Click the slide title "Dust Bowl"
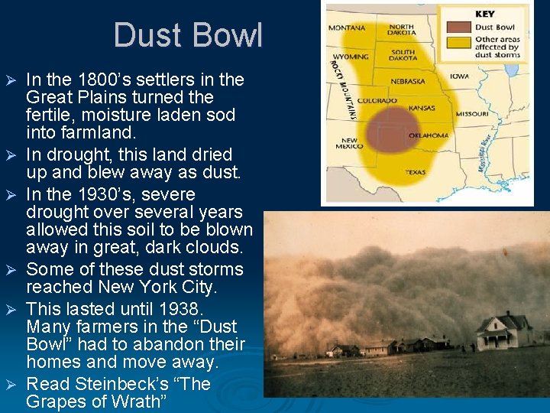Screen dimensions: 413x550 (x=188, y=35)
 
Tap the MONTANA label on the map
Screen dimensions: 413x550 (x=346, y=28)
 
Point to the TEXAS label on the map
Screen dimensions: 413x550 (x=415, y=172)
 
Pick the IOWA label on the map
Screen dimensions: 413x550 (x=459, y=76)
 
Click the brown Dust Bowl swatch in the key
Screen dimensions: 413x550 (x=458, y=27)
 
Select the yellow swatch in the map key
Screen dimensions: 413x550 (x=458, y=44)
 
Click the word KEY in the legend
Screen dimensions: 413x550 (x=484, y=14)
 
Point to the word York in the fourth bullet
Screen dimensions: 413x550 (x=163, y=288)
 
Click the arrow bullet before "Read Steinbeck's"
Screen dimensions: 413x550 (x=11, y=384)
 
